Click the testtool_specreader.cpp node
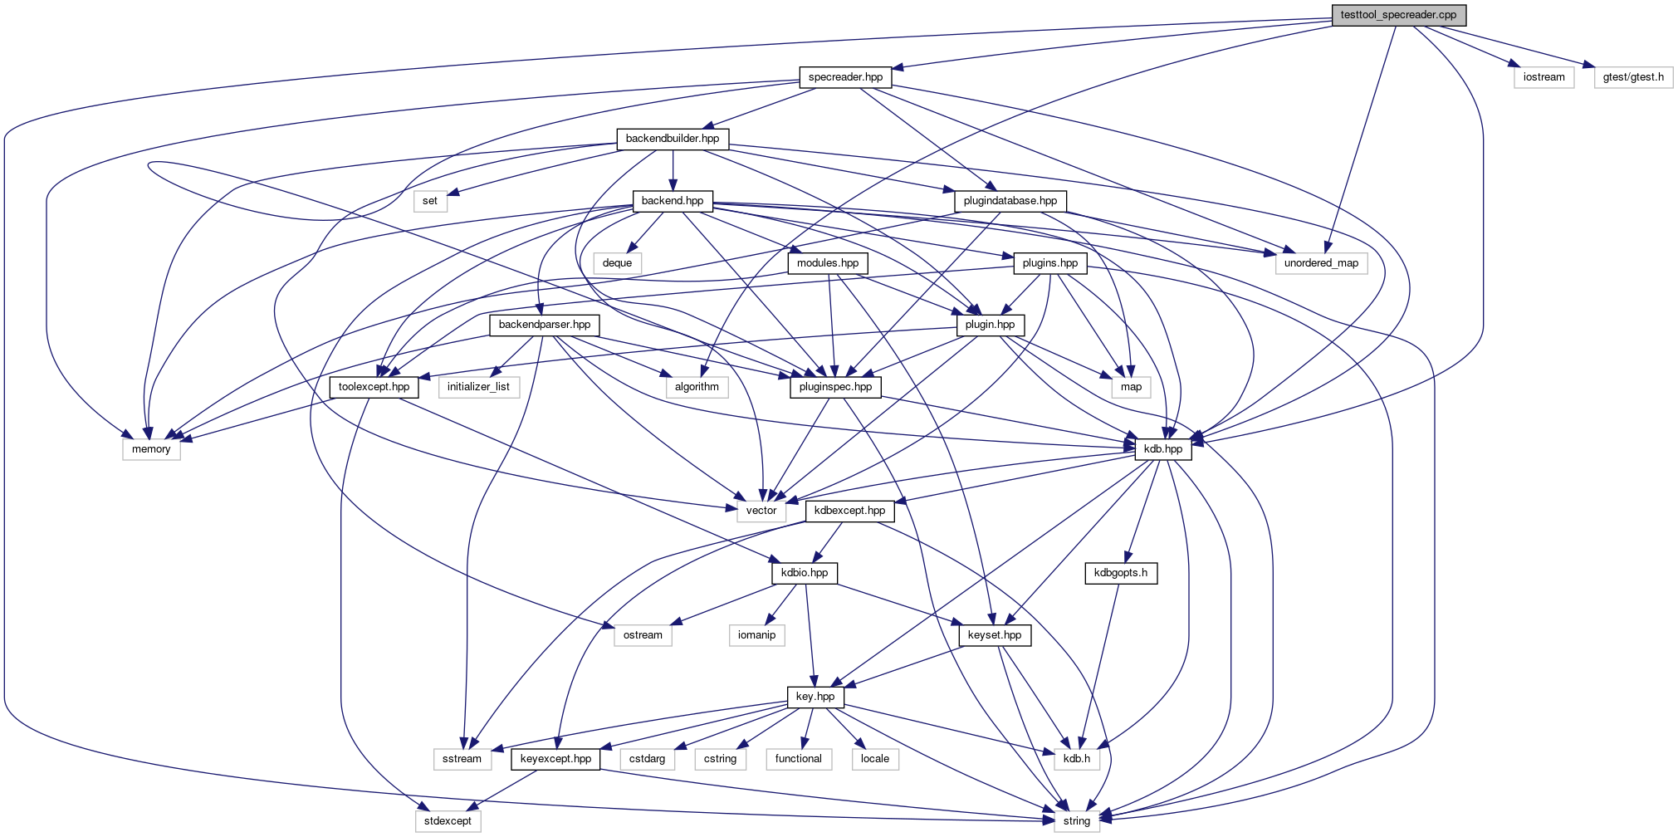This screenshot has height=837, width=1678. click(x=1398, y=15)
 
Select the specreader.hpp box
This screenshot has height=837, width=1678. click(x=845, y=77)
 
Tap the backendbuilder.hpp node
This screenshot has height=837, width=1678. click(x=673, y=139)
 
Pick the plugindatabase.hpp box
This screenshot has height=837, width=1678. click(x=1010, y=201)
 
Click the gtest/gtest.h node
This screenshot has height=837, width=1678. click(x=1633, y=77)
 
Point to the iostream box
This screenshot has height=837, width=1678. click(x=1543, y=77)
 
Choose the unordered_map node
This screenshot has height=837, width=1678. click(x=1321, y=263)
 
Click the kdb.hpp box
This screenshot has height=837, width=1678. click(x=1163, y=449)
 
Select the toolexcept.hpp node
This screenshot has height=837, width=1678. click(x=374, y=387)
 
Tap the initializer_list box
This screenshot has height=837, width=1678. click(x=478, y=387)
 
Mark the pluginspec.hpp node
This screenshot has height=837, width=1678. click(x=835, y=387)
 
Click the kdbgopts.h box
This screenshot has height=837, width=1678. click(x=1121, y=573)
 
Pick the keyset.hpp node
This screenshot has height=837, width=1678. click(x=995, y=635)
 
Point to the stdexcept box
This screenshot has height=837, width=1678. click(x=448, y=821)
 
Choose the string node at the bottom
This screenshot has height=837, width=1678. click(x=1077, y=821)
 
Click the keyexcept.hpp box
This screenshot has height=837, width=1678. click(x=555, y=759)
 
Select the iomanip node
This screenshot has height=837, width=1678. click(x=756, y=635)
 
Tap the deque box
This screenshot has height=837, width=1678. click(x=617, y=263)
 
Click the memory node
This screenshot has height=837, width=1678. click(x=151, y=449)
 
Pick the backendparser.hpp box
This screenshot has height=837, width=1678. click(x=544, y=325)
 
